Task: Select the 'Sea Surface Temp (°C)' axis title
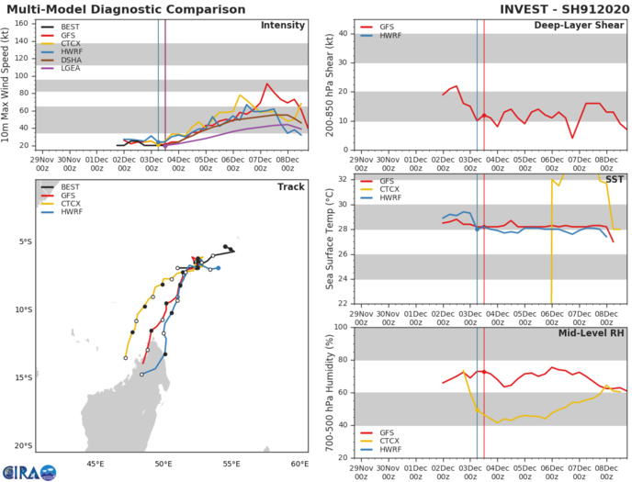coord(330,239)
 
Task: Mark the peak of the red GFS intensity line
coord(267,84)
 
